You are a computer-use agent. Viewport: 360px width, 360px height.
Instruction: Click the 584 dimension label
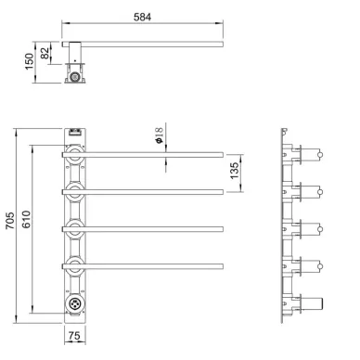(x=142, y=17)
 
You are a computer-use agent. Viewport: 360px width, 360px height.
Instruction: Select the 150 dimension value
(x=29, y=61)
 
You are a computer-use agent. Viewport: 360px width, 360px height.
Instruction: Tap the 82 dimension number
(x=45, y=53)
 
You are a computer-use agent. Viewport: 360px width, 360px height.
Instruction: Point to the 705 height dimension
(x=10, y=220)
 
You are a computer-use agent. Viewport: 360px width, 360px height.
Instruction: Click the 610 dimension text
(x=26, y=219)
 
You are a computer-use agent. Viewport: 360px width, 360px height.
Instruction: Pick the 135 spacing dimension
(x=235, y=171)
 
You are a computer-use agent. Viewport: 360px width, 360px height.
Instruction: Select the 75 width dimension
(x=74, y=336)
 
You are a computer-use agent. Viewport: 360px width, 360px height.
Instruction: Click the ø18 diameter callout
(x=160, y=135)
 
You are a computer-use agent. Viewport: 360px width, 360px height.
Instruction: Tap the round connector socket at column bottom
(x=74, y=303)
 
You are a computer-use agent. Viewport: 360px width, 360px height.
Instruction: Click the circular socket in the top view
(x=74, y=76)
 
